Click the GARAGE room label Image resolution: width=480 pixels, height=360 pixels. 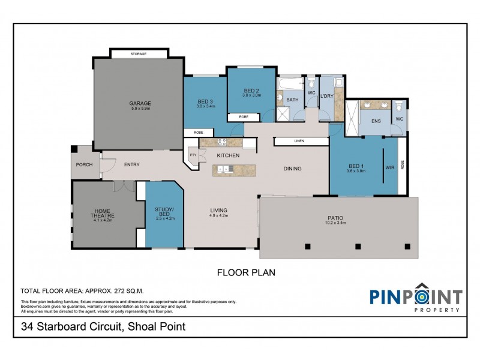click(140, 103)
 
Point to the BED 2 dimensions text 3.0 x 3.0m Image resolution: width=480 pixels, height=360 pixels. click(251, 95)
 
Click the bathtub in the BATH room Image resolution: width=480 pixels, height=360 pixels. click(290, 83)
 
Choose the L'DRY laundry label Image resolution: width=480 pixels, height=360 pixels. click(326, 96)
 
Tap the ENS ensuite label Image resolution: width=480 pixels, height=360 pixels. click(376, 121)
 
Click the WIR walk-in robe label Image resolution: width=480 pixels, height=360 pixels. click(390, 167)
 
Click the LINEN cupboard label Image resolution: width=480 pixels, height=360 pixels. click(299, 141)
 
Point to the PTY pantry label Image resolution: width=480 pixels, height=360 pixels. click(193, 155)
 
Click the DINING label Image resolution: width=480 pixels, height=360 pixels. click(292, 169)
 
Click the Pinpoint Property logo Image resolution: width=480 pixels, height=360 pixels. click(415, 298)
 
